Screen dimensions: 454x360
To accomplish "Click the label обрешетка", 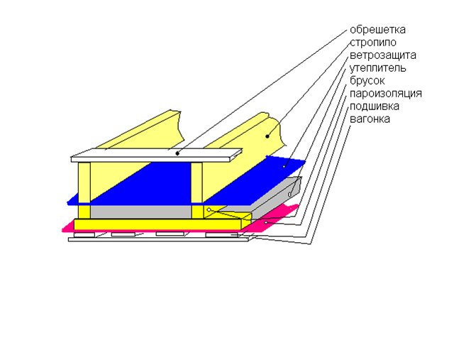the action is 377,30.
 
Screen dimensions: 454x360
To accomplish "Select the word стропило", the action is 373,43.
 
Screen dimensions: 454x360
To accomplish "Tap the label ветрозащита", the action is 383,55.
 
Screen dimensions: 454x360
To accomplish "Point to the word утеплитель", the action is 378,68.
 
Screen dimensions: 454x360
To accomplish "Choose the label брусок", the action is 367,81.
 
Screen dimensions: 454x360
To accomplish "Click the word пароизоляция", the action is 386,94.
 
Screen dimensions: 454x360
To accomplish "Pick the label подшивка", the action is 375,107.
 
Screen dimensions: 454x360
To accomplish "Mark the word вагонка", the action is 370,119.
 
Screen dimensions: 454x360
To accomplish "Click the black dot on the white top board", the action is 177,153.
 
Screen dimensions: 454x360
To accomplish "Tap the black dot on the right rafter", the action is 267,136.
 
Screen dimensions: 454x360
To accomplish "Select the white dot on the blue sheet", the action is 284,166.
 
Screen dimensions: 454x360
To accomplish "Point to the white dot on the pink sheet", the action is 266,222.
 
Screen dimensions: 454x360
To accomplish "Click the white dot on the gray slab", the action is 289,195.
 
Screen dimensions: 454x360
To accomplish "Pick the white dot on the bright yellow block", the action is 209,210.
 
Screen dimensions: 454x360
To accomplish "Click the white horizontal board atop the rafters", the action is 157,155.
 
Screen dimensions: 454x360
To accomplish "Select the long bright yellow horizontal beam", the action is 162,224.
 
